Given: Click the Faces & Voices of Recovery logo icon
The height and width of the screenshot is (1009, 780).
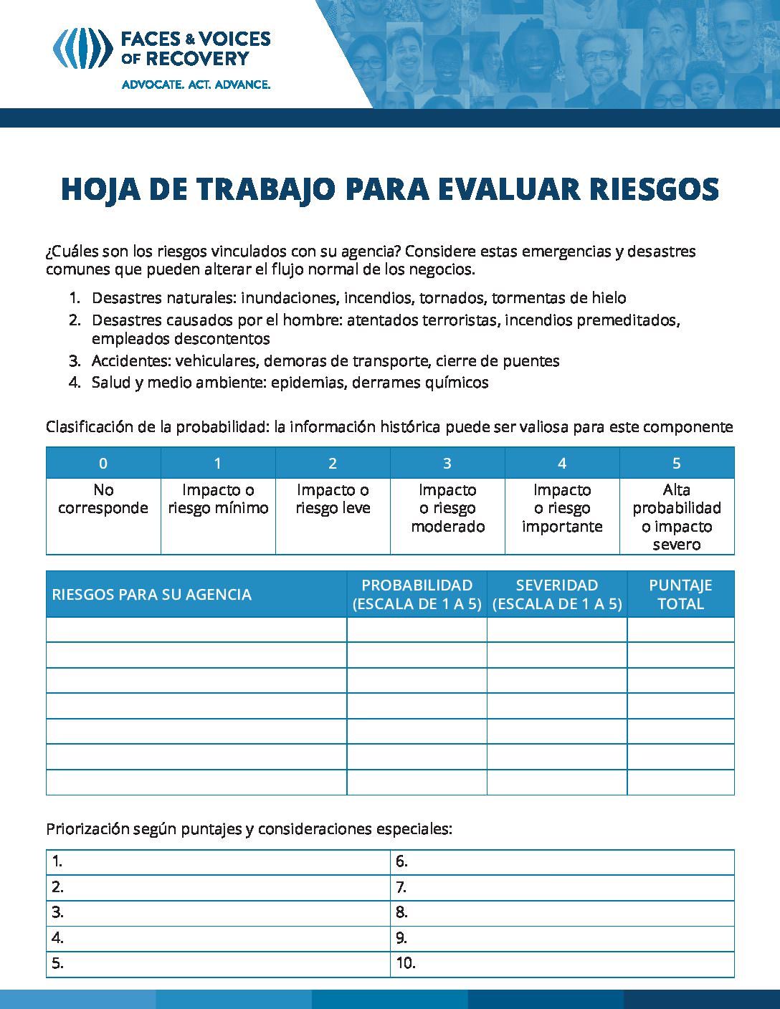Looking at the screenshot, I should coord(82,47).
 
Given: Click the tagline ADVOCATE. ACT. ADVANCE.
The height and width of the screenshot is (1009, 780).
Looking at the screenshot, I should coord(196,85).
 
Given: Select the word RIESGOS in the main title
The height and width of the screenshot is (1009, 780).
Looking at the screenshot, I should coord(654,188).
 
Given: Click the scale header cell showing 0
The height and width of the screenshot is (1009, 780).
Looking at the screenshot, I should coord(103,463).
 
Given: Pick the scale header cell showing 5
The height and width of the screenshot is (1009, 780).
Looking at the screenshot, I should coord(677,463).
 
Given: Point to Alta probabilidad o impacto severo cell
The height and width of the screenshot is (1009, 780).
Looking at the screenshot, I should coord(677,517).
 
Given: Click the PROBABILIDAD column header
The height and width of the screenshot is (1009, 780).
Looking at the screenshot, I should coord(417,594).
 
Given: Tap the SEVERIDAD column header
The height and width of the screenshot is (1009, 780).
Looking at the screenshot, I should coord(557,594).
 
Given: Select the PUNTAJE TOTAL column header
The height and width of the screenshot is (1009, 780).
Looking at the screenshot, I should coord(680,594).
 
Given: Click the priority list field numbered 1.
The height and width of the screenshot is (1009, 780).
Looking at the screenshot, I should coord(219,862).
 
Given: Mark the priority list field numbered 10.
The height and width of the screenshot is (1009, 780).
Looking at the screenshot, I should coord(563,963).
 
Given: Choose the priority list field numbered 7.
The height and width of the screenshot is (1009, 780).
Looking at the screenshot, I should coord(563,887).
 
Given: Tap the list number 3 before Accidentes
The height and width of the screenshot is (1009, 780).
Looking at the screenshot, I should coord(75,361).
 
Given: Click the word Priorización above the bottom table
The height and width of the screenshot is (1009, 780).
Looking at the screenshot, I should coord(88,829).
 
